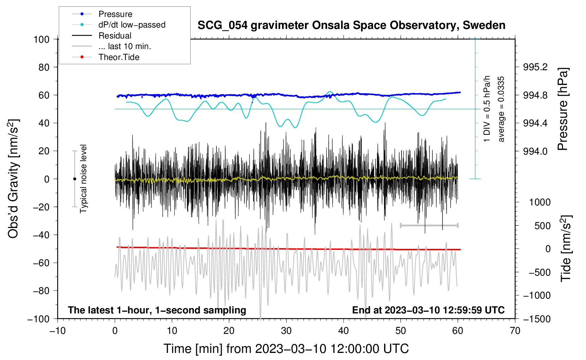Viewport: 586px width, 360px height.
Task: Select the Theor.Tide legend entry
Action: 119,57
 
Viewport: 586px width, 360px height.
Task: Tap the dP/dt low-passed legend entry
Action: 132,25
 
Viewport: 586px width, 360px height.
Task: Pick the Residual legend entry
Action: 115,36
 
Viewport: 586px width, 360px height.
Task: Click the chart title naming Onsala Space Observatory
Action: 351,25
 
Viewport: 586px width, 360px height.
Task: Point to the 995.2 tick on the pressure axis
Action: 535,67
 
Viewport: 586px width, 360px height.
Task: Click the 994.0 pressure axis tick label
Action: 535,151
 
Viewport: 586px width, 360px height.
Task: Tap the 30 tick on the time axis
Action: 286,331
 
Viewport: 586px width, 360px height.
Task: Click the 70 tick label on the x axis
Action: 515,331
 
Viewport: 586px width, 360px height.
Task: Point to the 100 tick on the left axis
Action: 41,39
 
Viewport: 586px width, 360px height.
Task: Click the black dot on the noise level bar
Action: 74,179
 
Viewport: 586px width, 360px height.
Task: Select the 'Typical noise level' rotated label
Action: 83,179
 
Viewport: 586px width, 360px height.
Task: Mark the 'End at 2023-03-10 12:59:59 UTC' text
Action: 428,310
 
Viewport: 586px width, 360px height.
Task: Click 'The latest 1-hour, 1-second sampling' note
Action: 157,310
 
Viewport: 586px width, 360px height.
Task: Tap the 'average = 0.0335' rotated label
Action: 501,109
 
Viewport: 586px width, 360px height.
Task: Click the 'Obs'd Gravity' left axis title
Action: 13,179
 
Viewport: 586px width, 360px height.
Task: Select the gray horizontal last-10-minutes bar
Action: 429,225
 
